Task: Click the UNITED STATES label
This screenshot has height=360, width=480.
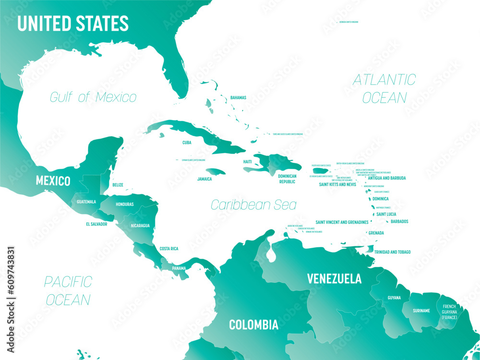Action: tap(73, 24)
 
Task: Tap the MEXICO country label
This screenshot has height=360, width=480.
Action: tap(53, 181)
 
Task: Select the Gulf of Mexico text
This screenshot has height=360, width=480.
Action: tap(93, 97)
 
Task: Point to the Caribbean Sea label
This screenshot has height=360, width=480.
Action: tap(253, 205)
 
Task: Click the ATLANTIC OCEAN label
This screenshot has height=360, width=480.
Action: tap(384, 88)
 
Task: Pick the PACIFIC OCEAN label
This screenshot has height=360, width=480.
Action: tap(68, 290)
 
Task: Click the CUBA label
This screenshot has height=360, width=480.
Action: tap(187, 143)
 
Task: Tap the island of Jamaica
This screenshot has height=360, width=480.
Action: tap(216, 171)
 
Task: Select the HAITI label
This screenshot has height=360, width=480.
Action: tap(247, 162)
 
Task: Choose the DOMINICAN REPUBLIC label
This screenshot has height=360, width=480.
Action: tap(288, 179)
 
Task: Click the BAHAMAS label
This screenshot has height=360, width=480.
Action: tap(238, 97)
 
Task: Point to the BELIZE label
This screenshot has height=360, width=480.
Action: tap(118, 185)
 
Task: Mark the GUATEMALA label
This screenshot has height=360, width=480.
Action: tap(86, 202)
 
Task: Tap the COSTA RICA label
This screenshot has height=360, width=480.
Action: tap(169, 249)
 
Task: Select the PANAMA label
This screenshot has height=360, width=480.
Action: tap(179, 268)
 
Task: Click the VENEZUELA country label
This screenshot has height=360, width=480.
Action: tap(334, 278)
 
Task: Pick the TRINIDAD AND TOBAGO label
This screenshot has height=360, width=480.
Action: tap(392, 252)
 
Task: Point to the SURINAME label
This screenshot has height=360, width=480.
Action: tap(421, 311)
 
